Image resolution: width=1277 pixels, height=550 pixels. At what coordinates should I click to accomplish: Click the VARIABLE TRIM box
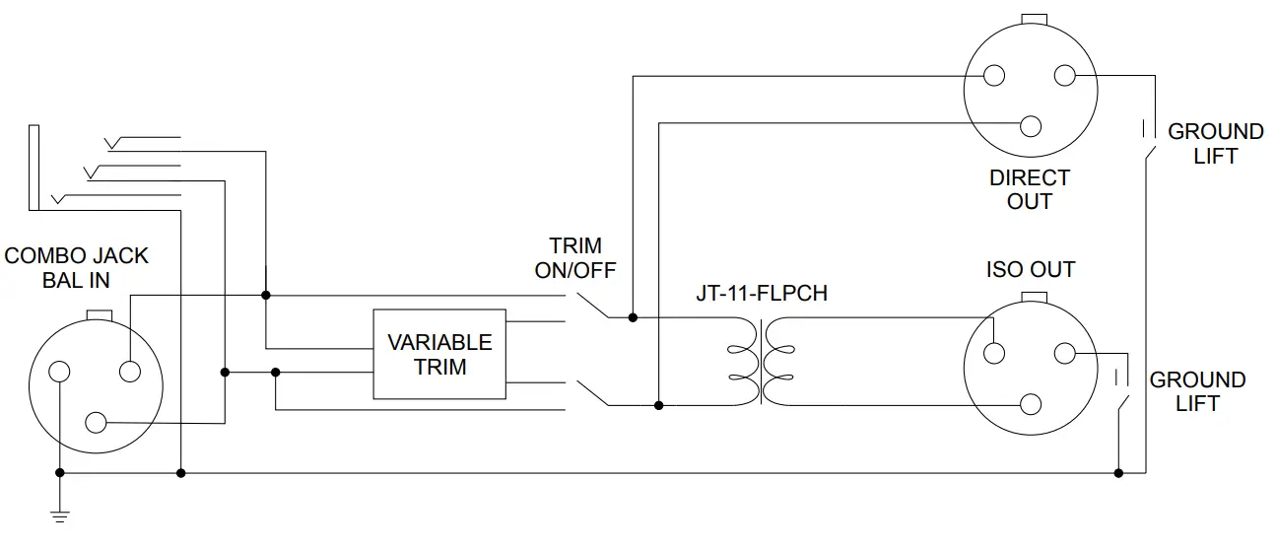click(438, 355)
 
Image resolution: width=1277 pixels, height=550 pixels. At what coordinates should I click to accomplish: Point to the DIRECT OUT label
click(1030, 190)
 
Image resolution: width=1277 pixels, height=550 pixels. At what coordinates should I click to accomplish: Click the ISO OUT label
click(1030, 269)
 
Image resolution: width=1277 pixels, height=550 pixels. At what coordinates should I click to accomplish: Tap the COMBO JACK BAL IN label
click(76, 267)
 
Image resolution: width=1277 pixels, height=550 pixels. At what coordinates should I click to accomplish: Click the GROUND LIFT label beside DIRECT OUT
click(1215, 144)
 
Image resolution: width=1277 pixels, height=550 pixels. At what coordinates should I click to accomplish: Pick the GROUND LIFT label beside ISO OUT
click(1197, 391)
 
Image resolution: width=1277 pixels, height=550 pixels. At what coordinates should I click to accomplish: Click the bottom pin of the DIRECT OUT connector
click(1032, 126)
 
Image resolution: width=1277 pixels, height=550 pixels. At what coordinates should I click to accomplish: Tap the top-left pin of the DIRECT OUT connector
click(993, 76)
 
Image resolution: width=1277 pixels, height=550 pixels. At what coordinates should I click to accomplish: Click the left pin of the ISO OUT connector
click(993, 353)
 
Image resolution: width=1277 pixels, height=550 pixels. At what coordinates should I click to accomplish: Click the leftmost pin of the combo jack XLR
click(60, 372)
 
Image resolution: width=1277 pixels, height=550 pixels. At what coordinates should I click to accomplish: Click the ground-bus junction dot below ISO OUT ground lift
click(1117, 473)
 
